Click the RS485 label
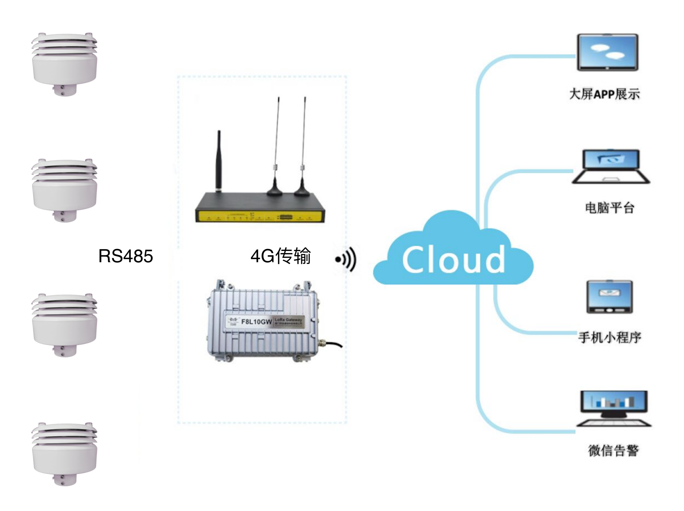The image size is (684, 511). [x=125, y=256]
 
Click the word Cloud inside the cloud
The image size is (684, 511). [x=453, y=260]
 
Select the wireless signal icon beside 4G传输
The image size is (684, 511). [x=346, y=259]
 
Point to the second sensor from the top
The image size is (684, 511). [x=64, y=190]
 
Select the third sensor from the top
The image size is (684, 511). [x=64, y=325]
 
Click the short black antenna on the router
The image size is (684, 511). [x=219, y=161]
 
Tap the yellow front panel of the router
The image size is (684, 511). [x=259, y=217]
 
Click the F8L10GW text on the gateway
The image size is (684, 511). [x=256, y=322]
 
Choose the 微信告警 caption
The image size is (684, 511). [x=613, y=450]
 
